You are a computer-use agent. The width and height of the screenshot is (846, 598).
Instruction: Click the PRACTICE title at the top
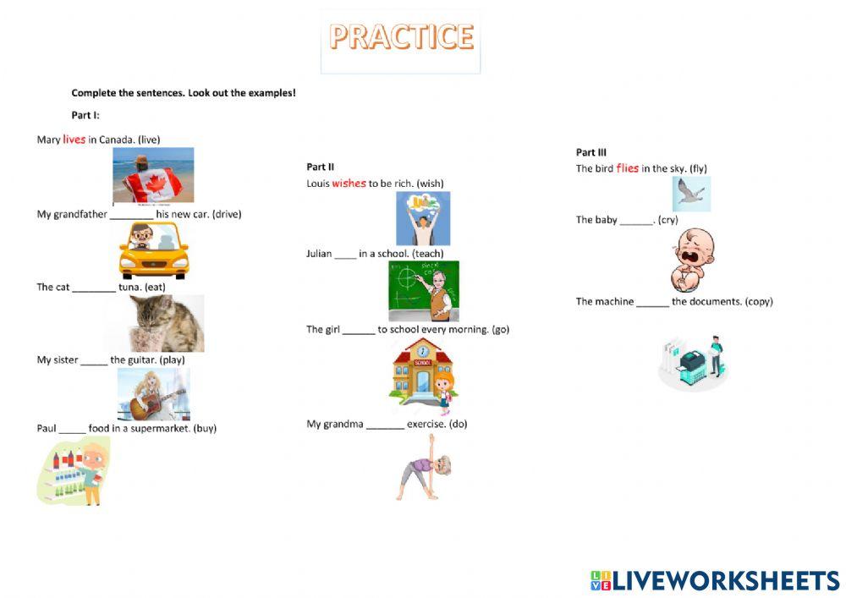[401, 38]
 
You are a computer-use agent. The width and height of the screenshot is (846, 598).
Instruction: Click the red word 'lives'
[74, 140]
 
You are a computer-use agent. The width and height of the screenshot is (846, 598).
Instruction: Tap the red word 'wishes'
[349, 184]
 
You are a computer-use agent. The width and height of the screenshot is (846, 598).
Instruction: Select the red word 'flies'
[627, 168]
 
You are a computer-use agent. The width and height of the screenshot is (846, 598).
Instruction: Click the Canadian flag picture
[153, 175]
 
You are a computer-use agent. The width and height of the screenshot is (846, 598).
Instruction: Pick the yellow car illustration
[153, 250]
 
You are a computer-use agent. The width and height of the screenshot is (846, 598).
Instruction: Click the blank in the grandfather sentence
[131, 215]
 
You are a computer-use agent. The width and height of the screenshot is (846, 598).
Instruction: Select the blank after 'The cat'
[93, 288]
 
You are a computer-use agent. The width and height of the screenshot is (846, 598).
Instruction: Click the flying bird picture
[691, 195]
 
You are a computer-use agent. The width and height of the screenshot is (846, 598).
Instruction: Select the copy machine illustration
[693, 362]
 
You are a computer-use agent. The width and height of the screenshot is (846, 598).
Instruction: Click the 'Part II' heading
[320, 167]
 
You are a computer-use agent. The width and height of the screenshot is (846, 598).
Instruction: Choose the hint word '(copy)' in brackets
[758, 302]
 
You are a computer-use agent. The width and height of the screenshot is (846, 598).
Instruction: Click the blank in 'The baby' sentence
[636, 221]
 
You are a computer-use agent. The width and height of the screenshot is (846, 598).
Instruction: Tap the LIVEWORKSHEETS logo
[715, 580]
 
